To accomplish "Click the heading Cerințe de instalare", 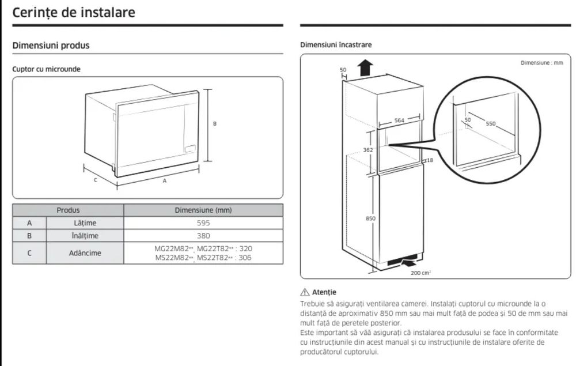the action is click(x=74, y=13).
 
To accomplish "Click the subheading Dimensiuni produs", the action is click(x=51, y=46).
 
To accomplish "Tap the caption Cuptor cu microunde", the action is click(x=46, y=69).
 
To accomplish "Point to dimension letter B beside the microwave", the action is click(x=215, y=123).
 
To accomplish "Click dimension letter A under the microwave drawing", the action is click(x=165, y=181).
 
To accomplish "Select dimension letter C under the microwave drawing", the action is click(x=96, y=180).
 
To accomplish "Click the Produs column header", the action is click(x=68, y=210).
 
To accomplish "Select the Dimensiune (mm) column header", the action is click(x=203, y=210).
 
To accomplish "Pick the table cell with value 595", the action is click(x=203, y=222).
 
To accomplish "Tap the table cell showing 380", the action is click(x=203, y=236).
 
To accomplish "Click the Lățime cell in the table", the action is click(x=85, y=222).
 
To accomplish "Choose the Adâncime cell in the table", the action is click(x=85, y=253).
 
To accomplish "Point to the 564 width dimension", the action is click(x=399, y=120).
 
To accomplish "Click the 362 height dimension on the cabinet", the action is click(x=367, y=150).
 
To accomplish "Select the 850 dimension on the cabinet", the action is click(x=370, y=218).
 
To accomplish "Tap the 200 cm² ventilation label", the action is click(x=420, y=273).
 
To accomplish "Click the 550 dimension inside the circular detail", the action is click(x=491, y=123).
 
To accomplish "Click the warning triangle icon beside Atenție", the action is click(x=305, y=292).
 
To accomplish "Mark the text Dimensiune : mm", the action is click(x=541, y=62).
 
